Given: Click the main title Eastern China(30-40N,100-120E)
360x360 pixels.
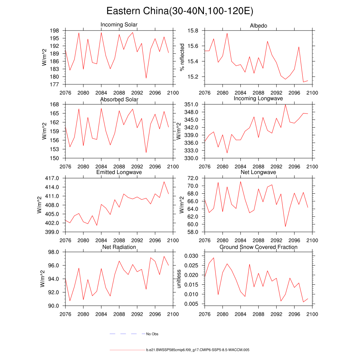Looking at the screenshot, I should coord(180,11).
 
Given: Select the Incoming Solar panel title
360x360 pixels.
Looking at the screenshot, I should coord(119,25).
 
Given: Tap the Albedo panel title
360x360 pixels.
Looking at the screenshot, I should coord(258,26).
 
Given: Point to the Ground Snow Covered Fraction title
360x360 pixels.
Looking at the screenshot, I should coord(258,247).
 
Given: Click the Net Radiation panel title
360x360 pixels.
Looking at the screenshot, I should coord(119,247).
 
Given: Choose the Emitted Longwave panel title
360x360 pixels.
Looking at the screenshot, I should coord(119,172).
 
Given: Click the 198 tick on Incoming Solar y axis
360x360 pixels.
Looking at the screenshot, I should coord(56,31).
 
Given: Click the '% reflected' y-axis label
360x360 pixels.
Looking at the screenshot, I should coord(182,57).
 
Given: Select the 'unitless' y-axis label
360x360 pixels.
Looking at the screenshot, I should coord(179,279).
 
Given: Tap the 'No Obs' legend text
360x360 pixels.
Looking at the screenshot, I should coord(152,334).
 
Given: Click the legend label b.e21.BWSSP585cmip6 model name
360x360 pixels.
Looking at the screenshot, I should coord(198,350).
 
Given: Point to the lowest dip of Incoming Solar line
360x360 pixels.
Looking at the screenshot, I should coord(146,78).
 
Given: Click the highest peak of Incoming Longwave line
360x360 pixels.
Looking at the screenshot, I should coord(285,104).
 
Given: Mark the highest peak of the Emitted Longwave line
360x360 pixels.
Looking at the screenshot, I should coord(164,181).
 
